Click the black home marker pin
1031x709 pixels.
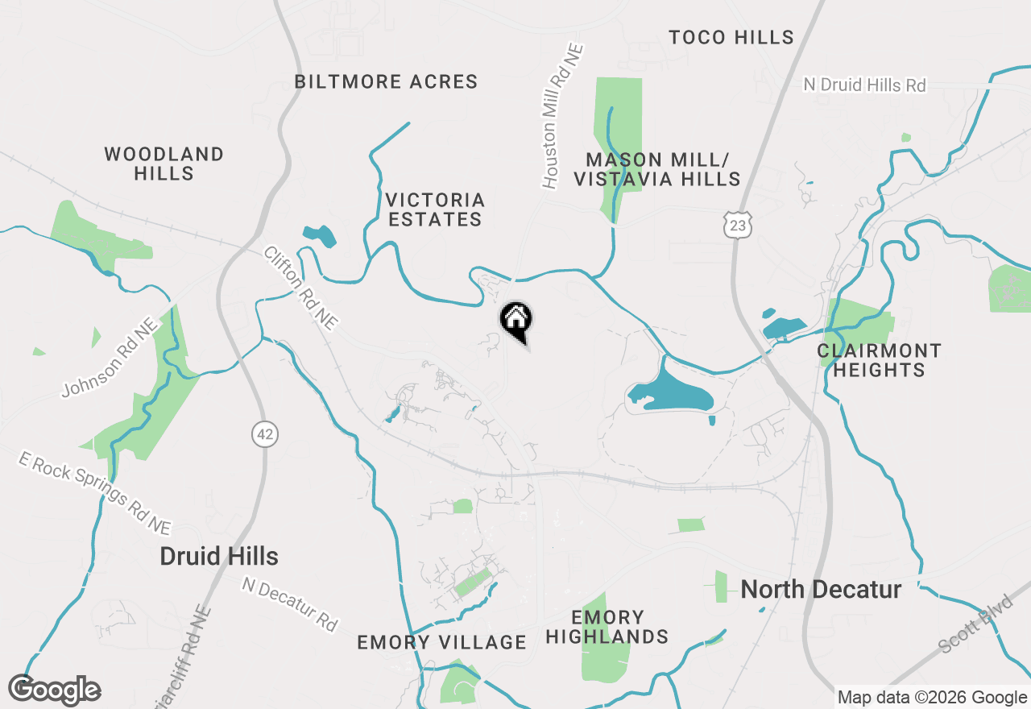click(516, 320)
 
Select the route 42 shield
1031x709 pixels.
click(263, 435)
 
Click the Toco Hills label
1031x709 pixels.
click(731, 37)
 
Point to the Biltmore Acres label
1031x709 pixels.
click(386, 82)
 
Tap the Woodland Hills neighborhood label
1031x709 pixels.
click(164, 164)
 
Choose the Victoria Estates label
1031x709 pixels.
click(435, 209)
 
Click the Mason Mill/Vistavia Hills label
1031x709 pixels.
click(656, 169)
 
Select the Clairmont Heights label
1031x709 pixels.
click(879, 360)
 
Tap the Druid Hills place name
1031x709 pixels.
click(219, 557)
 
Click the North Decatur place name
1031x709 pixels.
click(821, 590)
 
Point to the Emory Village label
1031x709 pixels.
click(441, 642)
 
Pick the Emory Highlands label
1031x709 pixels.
click(607, 627)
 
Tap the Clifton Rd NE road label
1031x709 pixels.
click(300, 288)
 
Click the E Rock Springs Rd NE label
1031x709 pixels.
click(95, 494)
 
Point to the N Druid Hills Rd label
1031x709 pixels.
click(865, 85)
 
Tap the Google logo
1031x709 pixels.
click(55, 690)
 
